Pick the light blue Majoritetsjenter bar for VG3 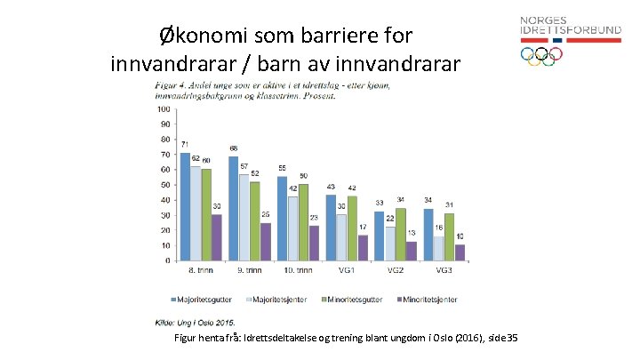439,248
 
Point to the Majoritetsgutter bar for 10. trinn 282,218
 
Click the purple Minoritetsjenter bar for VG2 411,251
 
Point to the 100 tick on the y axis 164,109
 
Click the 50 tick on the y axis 166,185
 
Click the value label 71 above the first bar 185,145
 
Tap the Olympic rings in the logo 541,55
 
